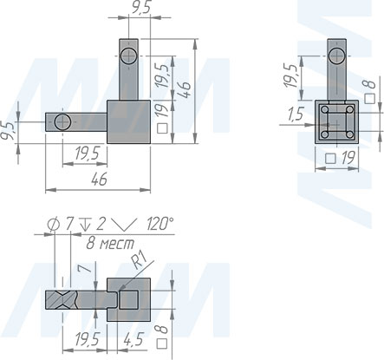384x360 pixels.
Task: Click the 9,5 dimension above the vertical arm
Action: click(141, 8)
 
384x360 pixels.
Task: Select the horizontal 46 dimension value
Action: click(99, 179)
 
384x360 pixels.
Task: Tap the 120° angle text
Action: click(159, 224)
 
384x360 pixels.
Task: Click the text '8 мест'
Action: click(111, 244)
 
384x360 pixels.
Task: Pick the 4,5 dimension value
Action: click(133, 339)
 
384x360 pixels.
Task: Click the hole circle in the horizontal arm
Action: click(62, 122)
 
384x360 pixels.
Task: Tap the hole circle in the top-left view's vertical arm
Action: click(129, 56)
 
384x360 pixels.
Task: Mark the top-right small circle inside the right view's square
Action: click(349, 109)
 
